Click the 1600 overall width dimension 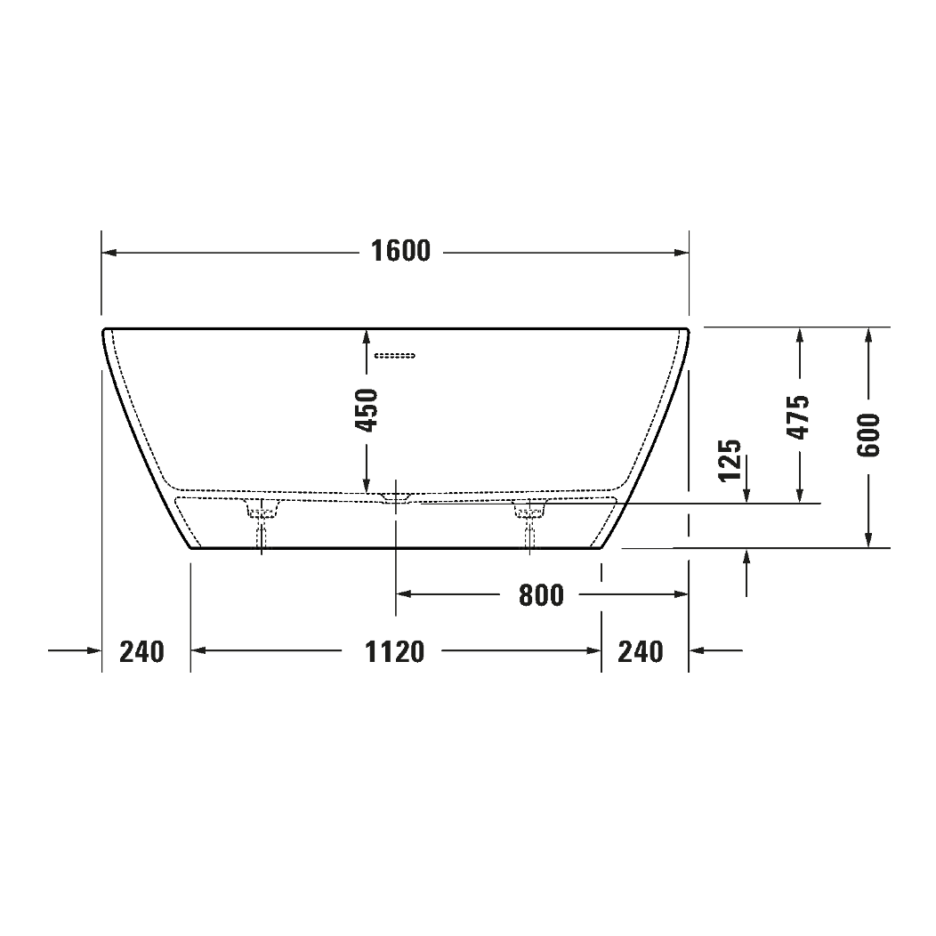pyautogui.click(x=400, y=252)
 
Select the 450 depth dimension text pyautogui.click(x=367, y=409)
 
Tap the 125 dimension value pyautogui.click(x=730, y=459)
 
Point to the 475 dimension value pyautogui.click(x=799, y=416)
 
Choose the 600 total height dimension pyautogui.click(x=868, y=435)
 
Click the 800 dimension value pyautogui.click(x=541, y=594)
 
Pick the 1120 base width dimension pyautogui.click(x=395, y=652)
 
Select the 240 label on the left pyautogui.click(x=142, y=652)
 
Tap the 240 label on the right pyautogui.click(x=641, y=652)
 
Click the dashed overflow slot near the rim pyautogui.click(x=395, y=356)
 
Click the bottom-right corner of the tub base pyautogui.click(x=601, y=548)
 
